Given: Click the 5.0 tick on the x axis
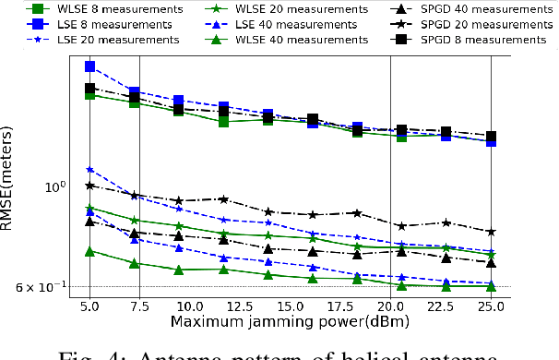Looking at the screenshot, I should pyautogui.click(x=89, y=305).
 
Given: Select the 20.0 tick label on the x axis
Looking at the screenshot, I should pyautogui.click(x=390, y=305).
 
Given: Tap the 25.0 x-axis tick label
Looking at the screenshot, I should pyautogui.click(x=491, y=305).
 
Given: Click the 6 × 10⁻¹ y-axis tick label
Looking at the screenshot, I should pyautogui.click(x=40, y=287).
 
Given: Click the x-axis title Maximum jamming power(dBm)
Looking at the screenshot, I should pyautogui.click(x=290, y=321).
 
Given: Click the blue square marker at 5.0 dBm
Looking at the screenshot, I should pyautogui.click(x=89, y=66).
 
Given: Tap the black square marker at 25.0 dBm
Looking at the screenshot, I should pyautogui.click(x=491, y=137).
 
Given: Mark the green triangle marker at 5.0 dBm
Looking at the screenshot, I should pyautogui.click(x=89, y=251).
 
